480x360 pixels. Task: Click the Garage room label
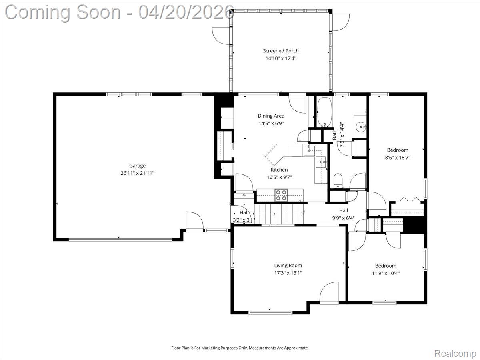137,166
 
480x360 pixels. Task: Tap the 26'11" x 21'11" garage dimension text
137,173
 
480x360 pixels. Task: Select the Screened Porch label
281,51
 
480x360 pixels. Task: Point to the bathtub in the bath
324,112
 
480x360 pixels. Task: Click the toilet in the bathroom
338,181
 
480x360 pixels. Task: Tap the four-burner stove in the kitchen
281,195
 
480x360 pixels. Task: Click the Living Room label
288,266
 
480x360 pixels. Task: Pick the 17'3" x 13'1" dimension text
288,273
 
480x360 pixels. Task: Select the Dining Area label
271,116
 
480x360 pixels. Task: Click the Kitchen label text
279,170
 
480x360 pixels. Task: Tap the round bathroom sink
361,127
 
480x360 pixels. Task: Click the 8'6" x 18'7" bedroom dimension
398,158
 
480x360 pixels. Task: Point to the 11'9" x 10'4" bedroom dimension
386,274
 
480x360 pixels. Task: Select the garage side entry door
194,221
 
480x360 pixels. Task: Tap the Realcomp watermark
455,354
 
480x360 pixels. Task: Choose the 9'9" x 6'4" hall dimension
343,218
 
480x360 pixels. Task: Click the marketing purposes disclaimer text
240,348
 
